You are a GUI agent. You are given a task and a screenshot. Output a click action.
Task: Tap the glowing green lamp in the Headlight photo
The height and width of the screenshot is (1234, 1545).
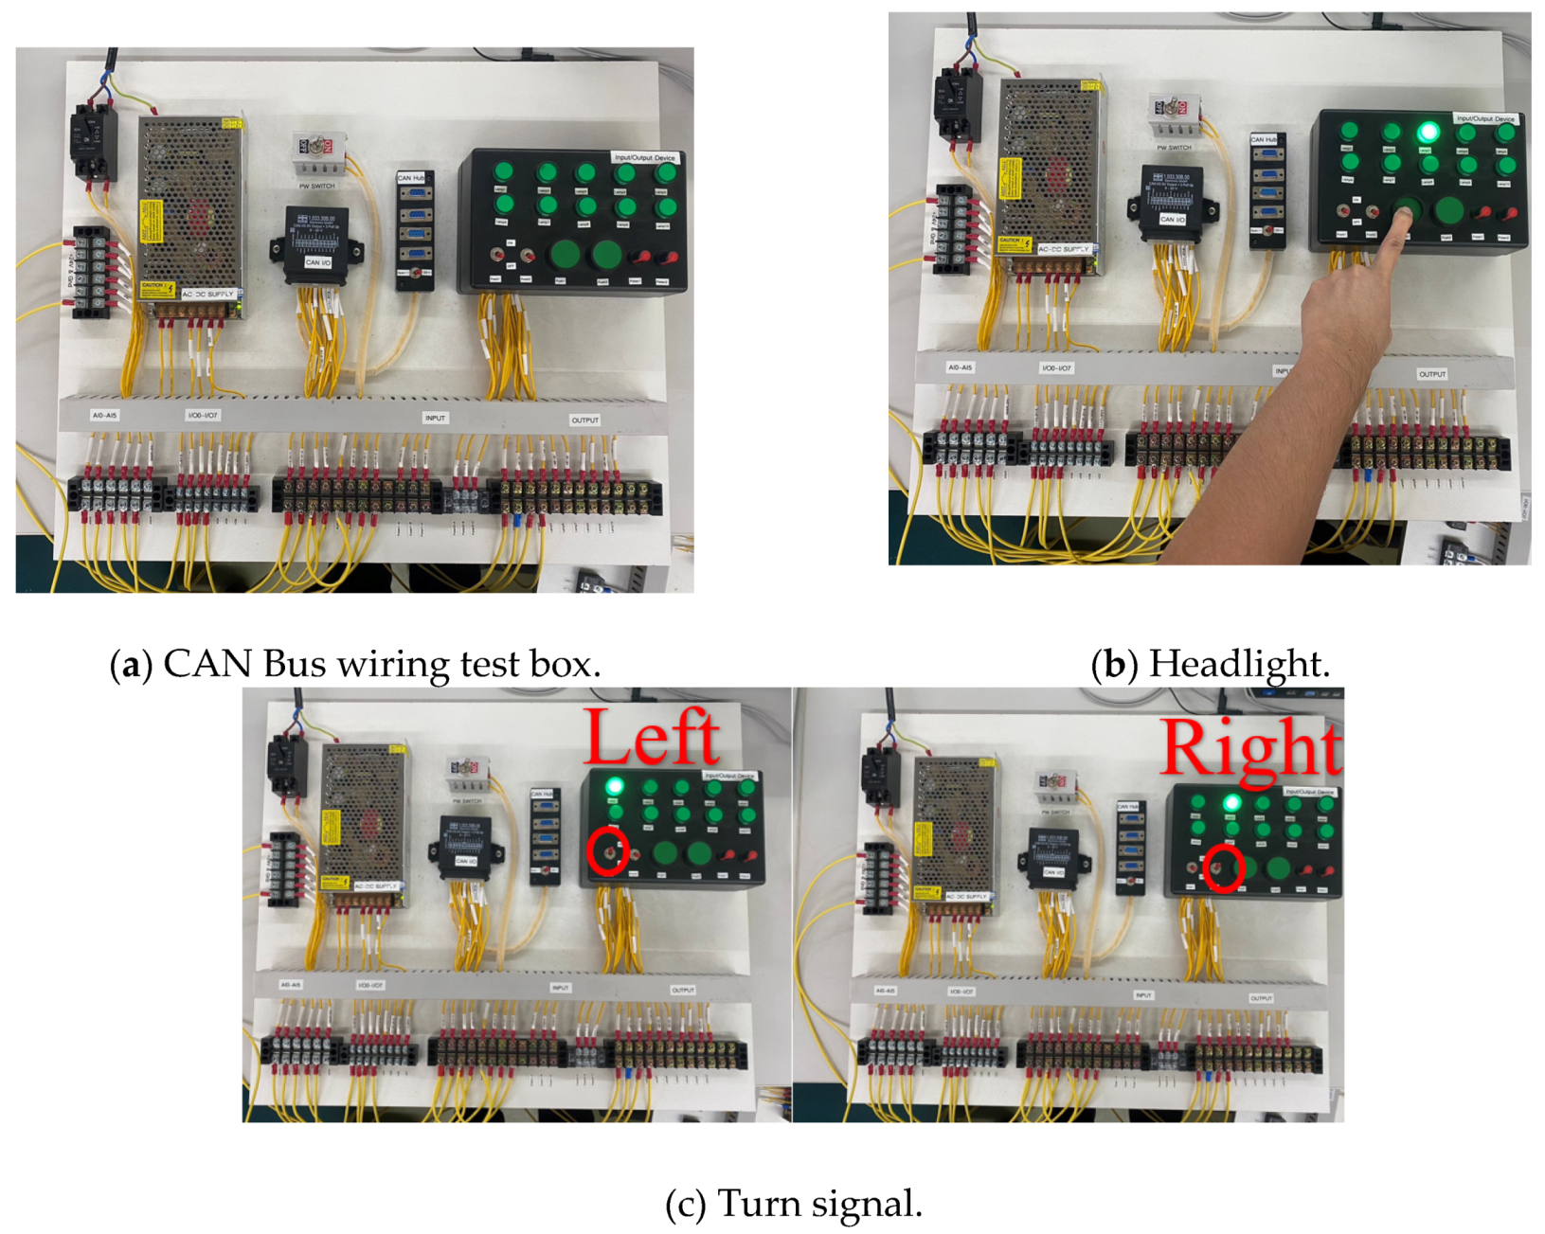point(1428,132)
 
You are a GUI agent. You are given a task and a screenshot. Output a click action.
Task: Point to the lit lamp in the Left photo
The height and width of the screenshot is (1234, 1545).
point(615,786)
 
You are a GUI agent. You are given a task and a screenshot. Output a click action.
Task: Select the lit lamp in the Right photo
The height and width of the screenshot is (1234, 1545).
point(1231,803)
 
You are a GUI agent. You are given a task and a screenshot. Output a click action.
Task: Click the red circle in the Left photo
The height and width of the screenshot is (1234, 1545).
point(607,851)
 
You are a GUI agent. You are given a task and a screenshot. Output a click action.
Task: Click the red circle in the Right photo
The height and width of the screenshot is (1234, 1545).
point(1223,868)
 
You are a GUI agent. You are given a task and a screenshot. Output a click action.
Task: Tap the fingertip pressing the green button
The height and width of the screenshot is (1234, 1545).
point(1400,215)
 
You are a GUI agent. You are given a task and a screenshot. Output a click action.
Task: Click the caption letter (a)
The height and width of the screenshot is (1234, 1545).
point(131,665)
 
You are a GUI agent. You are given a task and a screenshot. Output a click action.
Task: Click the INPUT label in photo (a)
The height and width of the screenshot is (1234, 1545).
point(435,418)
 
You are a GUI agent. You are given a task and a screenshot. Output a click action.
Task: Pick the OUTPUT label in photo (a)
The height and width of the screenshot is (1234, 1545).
point(584,420)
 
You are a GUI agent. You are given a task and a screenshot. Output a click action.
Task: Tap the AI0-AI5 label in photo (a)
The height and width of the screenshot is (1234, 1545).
point(104,416)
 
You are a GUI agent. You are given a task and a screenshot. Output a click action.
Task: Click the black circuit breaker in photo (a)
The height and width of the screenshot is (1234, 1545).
point(94,142)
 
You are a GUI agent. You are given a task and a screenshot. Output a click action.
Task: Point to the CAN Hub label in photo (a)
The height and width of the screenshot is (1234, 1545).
point(411,178)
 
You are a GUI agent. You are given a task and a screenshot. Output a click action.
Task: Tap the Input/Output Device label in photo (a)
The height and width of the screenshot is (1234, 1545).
point(645,158)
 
